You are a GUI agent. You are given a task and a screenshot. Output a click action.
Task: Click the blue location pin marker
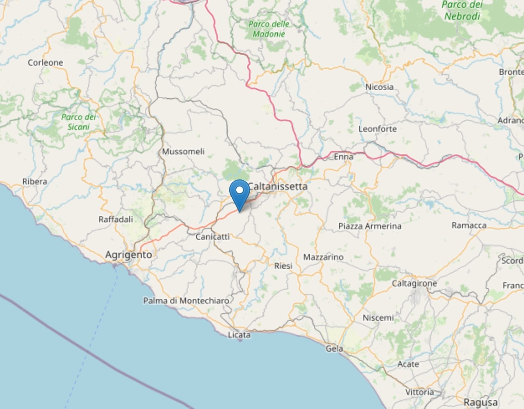pyautogui.click(x=240, y=194)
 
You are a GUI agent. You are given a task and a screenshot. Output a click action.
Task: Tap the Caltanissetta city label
pyautogui.click(x=278, y=187)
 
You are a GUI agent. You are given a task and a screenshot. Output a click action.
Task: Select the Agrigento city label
pyautogui.click(x=128, y=255)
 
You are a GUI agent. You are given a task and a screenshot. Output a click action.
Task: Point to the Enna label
pyautogui.click(x=343, y=157)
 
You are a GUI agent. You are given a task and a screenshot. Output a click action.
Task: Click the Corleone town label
pyautogui.click(x=45, y=63)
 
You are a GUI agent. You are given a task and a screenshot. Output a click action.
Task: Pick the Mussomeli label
pyautogui.click(x=183, y=151)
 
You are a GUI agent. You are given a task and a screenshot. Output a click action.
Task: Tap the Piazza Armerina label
pyautogui.click(x=370, y=226)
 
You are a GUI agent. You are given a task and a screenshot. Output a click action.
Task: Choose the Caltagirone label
pyautogui.click(x=414, y=284)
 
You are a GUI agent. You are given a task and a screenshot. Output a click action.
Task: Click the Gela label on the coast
pyautogui.click(x=334, y=348)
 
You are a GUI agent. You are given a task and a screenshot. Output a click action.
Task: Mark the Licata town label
pyautogui.click(x=239, y=335)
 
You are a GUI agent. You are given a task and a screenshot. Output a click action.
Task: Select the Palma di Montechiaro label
pyautogui.click(x=186, y=301)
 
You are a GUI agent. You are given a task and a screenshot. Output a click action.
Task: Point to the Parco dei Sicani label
pyautogui.click(x=79, y=122)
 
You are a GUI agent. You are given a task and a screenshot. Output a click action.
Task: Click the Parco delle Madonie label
pyautogui.click(x=268, y=29)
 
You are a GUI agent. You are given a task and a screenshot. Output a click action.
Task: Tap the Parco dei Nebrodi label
pyautogui.click(x=463, y=10)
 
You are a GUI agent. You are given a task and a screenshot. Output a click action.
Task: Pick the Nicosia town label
pyautogui.click(x=379, y=87)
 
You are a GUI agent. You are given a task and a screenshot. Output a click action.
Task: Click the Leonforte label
pyautogui.click(x=377, y=129)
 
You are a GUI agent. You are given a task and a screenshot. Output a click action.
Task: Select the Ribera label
pyautogui.click(x=35, y=181)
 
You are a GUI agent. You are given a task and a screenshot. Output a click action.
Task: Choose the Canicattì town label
pyautogui.click(x=212, y=237)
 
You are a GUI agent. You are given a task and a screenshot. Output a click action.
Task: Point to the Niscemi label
pyautogui.click(x=378, y=318)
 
